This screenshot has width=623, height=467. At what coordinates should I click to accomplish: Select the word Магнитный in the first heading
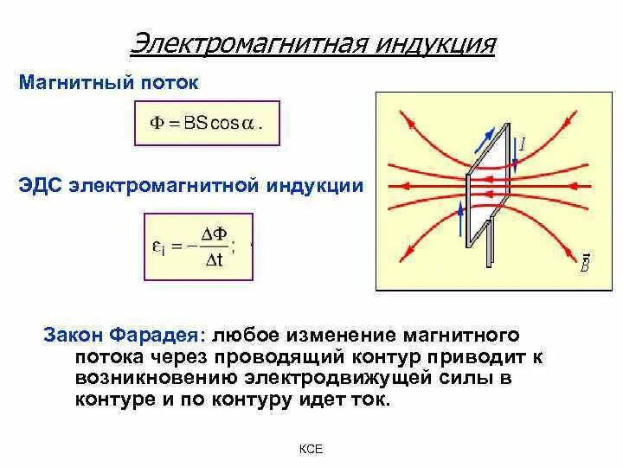tap(74, 84)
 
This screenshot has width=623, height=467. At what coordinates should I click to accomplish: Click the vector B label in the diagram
tap(584, 264)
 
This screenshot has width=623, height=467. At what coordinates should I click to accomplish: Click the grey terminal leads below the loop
tap(485, 246)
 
